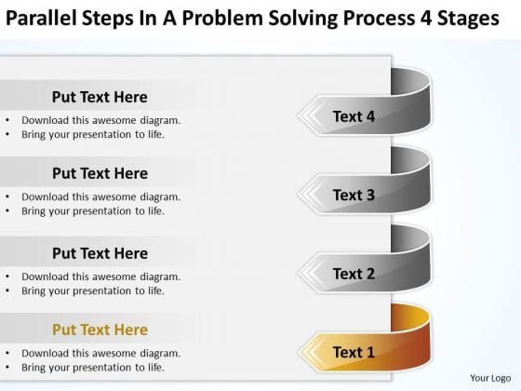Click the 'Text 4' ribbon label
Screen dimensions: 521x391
(x=354, y=116)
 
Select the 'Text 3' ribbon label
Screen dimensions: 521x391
(x=354, y=195)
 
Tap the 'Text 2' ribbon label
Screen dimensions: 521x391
(x=354, y=274)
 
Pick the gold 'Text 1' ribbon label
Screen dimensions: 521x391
(x=354, y=352)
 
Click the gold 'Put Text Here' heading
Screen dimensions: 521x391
(x=100, y=330)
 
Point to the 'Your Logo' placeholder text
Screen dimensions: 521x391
(x=490, y=378)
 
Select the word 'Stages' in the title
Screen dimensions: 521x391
(x=468, y=19)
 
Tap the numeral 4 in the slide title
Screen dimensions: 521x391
(x=426, y=18)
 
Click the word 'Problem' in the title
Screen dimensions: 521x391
(x=222, y=18)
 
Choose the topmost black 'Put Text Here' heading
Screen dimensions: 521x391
(x=100, y=97)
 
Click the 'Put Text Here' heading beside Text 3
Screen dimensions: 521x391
(x=100, y=173)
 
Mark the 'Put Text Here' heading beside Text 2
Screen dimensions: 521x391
(x=100, y=253)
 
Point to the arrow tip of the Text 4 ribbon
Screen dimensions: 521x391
(x=299, y=115)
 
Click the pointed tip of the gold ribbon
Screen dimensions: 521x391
(x=300, y=352)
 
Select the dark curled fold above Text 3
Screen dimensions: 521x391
(x=410, y=159)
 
